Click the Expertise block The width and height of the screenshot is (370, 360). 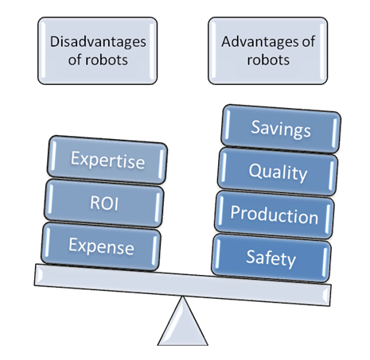point(108,160)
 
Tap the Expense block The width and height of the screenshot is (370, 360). point(101,246)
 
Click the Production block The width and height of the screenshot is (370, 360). point(274,215)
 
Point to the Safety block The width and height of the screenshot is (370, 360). point(272,257)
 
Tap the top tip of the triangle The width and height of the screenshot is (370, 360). point(184,300)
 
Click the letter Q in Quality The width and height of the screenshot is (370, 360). point(254,171)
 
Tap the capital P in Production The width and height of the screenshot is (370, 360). point(236,215)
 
